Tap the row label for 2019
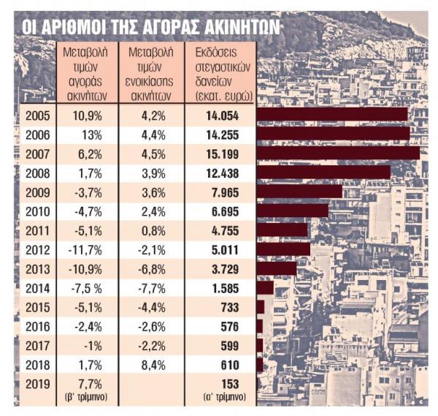[36, 382]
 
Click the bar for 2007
[338, 153]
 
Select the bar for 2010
[293, 211]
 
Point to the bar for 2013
[277, 268]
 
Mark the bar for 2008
[323, 172]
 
